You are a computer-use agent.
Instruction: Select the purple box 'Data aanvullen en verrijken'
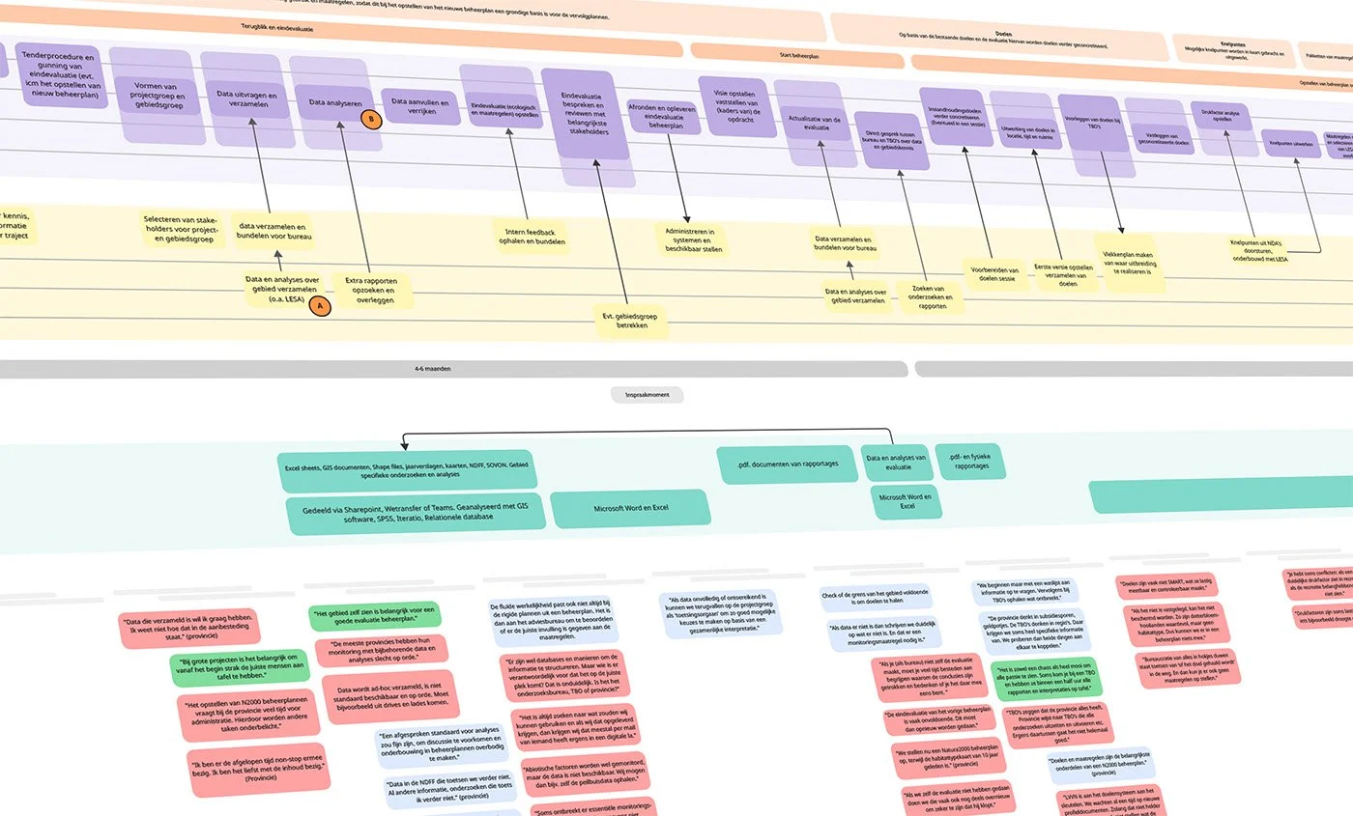pyautogui.click(x=421, y=106)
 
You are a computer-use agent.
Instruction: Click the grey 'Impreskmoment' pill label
pyautogui.click(x=648, y=394)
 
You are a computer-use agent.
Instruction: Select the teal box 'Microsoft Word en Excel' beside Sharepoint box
pyautogui.click(x=630, y=507)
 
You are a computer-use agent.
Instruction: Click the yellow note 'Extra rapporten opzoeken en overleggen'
pyautogui.click(x=371, y=291)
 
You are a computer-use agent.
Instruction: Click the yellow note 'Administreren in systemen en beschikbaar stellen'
pyautogui.click(x=690, y=238)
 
